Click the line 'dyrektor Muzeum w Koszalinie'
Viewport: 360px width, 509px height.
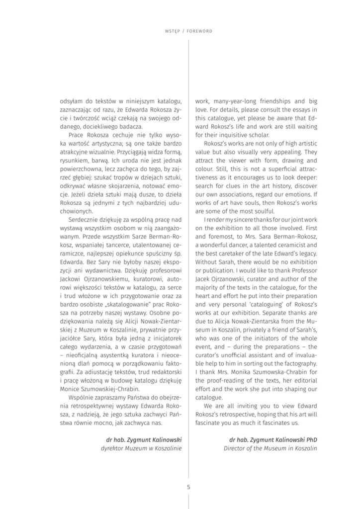tap(140, 448)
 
